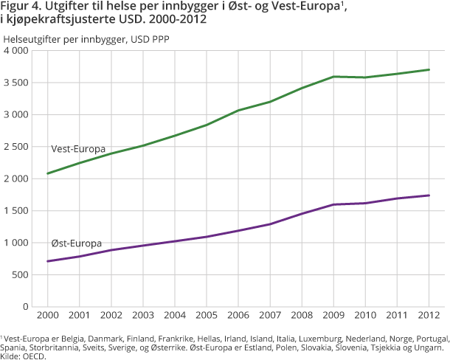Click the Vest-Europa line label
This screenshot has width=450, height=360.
77,149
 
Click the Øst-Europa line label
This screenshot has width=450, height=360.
76,243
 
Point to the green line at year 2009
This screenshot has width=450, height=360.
333,77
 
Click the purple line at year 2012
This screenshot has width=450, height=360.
429,195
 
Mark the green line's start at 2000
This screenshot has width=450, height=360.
47,173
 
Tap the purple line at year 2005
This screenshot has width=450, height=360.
206,237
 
